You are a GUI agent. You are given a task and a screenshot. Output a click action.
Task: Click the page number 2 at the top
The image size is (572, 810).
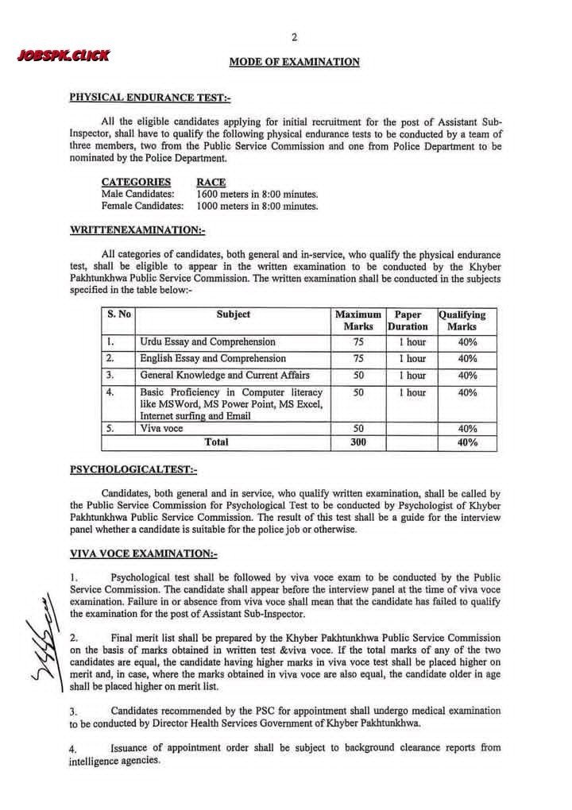[x=294, y=37]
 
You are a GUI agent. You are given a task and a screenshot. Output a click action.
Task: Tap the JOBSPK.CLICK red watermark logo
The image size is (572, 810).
[x=62, y=56]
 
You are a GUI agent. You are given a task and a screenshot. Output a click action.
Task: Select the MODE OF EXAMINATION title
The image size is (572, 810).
[x=294, y=62]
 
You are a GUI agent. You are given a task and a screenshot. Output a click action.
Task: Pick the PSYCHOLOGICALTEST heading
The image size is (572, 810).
[x=133, y=469]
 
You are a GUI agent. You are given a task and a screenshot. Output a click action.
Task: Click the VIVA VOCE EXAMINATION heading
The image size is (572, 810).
[x=143, y=553]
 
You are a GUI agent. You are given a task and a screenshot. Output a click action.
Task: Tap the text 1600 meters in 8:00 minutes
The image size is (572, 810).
[x=257, y=194]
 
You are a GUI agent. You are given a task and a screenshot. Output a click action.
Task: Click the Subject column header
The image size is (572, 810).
[x=233, y=314]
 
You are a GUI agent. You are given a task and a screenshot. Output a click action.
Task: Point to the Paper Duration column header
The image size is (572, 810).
[x=408, y=320]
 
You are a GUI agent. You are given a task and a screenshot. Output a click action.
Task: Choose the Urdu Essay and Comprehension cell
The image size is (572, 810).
[x=208, y=342]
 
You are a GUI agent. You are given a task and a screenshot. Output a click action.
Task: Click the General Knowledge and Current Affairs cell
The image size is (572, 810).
[x=225, y=375]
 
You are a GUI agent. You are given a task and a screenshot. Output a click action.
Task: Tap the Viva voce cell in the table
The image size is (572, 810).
[x=161, y=428]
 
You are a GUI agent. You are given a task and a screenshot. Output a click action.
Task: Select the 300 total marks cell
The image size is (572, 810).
[x=358, y=442]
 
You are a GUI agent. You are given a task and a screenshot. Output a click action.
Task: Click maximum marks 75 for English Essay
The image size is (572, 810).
[x=358, y=359]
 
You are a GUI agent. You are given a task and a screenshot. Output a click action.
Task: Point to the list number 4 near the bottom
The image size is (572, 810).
[x=73, y=749]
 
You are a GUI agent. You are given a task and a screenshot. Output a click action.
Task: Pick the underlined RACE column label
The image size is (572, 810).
[x=211, y=182]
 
